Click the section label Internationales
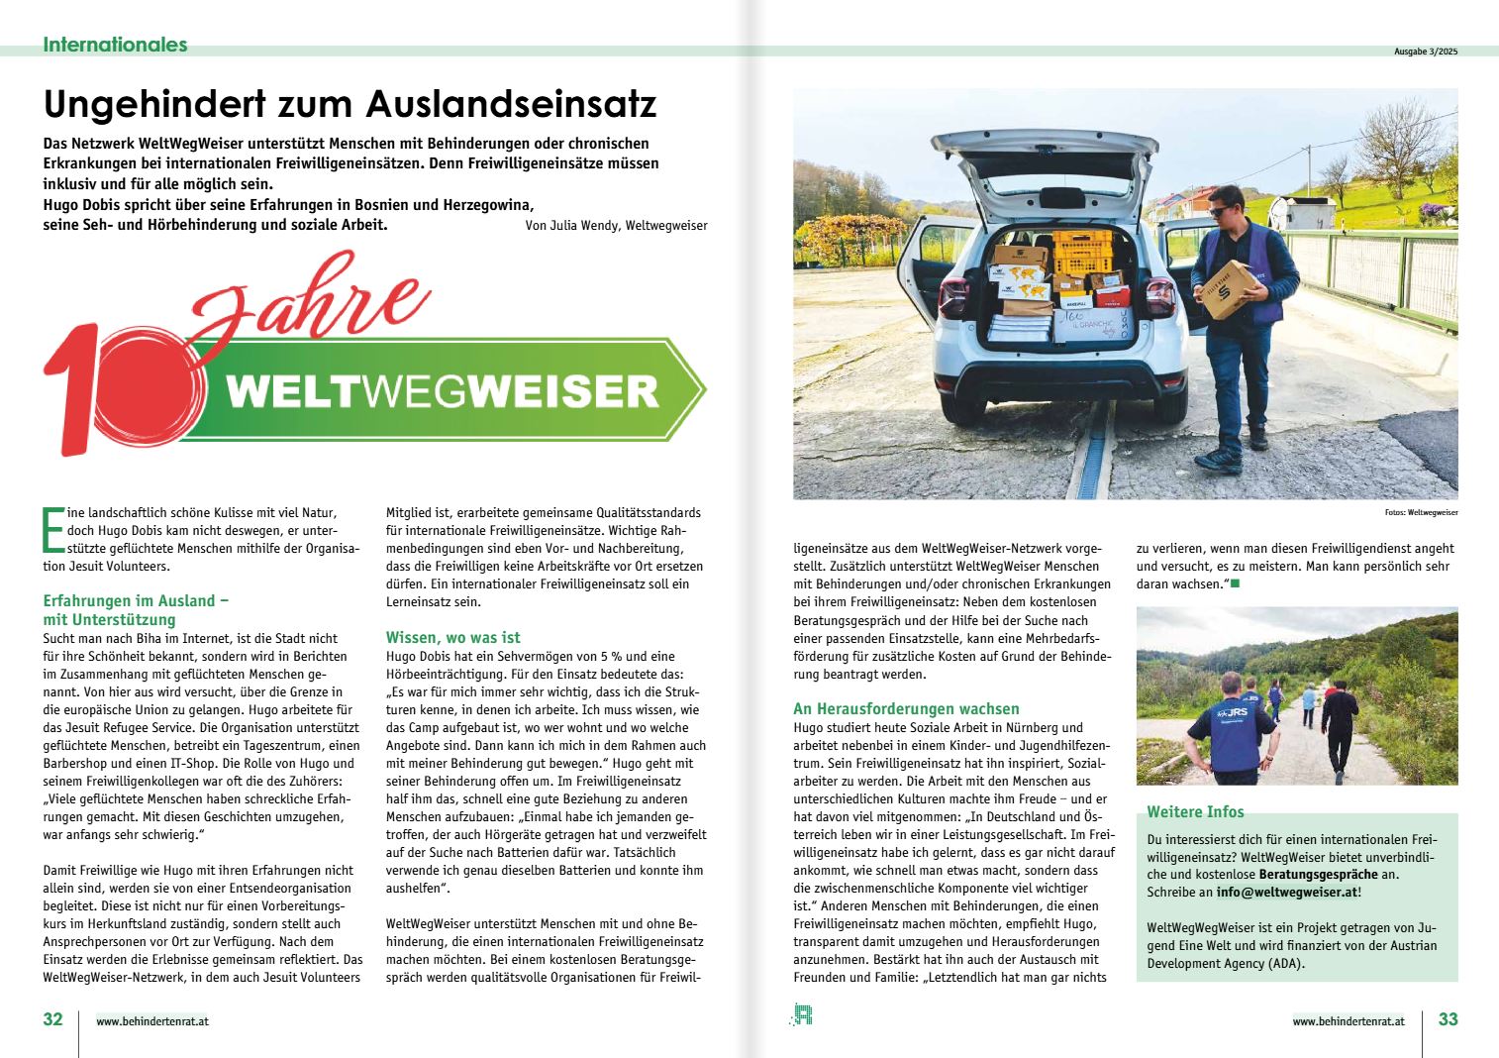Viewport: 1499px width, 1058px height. pos(115,45)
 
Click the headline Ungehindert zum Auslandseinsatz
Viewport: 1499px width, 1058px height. pos(350,104)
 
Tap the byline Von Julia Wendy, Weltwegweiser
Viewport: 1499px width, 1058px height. pos(616,226)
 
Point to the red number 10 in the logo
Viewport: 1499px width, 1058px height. pos(124,388)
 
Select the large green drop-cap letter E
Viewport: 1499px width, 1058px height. pos(52,530)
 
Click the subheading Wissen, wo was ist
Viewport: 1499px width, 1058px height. pos(452,638)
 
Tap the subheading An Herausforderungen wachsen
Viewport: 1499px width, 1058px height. pos(906,709)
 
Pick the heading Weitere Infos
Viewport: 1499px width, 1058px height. pos(1195,812)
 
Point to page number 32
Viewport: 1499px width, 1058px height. pos(52,1019)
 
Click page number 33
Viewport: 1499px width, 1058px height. pos(1448,1019)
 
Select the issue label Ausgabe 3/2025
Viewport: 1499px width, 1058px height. pos(1425,52)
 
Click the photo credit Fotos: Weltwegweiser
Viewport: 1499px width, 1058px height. pos(1421,513)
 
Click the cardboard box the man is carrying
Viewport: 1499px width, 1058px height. pos(1227,290)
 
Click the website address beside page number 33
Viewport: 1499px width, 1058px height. pos(1348,1021)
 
